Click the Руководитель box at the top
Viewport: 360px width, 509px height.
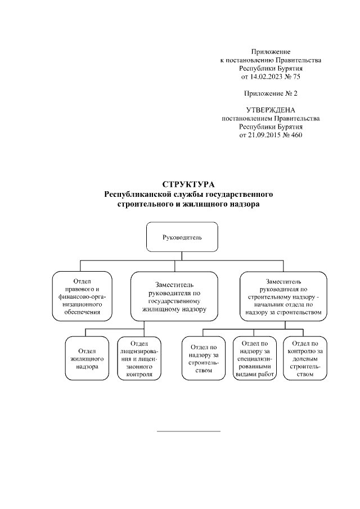174,237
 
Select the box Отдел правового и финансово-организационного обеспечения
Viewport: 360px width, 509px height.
83,295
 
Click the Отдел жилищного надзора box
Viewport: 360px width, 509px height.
85,358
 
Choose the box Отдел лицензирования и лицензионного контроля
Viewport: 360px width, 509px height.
139,358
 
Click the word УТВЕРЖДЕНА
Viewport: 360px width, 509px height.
271,110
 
